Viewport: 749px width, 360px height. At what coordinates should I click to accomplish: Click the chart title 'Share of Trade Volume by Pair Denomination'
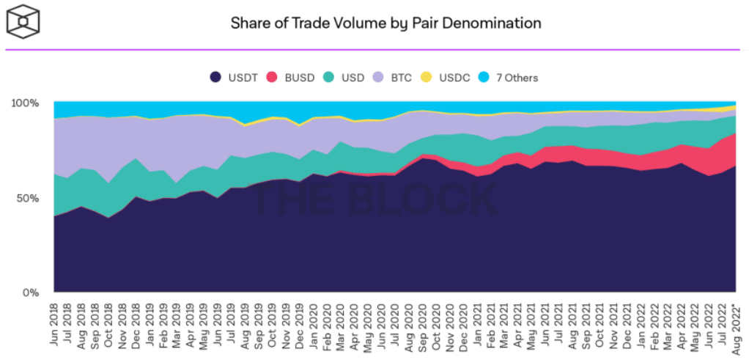click(385, 23)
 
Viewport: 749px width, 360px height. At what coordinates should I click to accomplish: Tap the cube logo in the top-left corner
click(23, 22)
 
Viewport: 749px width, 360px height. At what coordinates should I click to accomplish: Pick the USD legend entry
click(347, 78)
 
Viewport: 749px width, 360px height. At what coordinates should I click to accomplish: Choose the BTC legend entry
click(396, 78)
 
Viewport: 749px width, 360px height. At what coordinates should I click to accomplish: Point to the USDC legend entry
click(446, 78)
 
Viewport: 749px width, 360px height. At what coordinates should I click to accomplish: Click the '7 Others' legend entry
click(510, 78)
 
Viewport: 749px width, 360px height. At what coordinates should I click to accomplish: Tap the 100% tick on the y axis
click(26, 103)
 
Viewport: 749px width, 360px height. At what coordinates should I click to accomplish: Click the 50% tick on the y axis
click(29, 198)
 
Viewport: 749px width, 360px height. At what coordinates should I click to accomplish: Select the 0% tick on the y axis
click(32, 293)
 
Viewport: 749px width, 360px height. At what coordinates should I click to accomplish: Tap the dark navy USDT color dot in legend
click(215, 78)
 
